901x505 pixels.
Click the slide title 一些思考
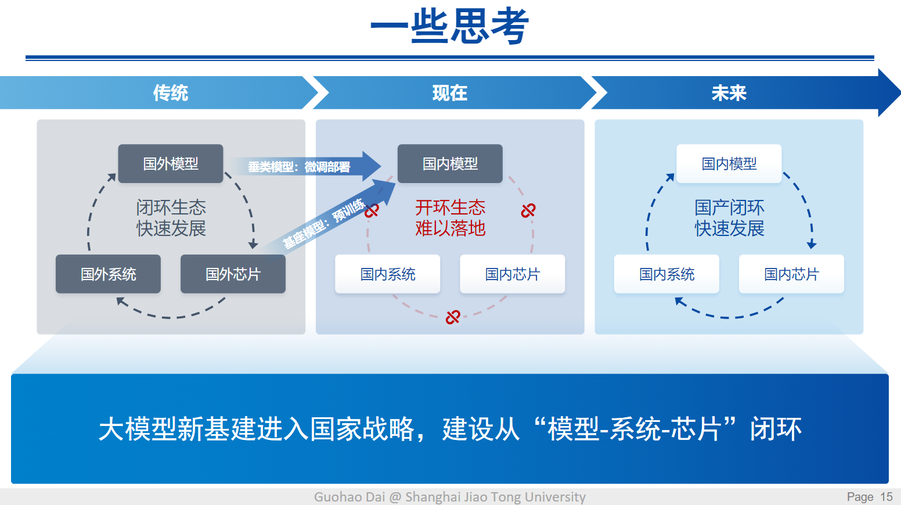coord(450,27)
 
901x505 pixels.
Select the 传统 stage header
coord(171,93)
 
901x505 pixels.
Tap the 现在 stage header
coord(450,93)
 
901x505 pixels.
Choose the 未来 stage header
coord(729,93)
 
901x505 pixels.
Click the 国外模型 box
coord(171,164)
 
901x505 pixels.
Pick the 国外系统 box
coord(108,274)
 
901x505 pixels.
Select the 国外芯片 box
coord(233,274)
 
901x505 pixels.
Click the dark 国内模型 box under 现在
coord(450,164)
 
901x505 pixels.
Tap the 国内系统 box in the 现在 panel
coord(388,274)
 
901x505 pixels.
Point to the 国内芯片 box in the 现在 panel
coord(513,274)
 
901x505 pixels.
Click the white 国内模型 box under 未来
coord(729,164)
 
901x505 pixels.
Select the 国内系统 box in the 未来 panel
coord(666,274)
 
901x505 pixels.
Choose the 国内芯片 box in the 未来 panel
coord(791,274)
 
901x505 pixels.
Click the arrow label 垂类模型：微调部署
coord(299,167)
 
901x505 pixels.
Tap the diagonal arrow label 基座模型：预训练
coord(323,224)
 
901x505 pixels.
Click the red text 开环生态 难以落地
coord(450,218)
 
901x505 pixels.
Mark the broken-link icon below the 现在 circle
coord(453,317)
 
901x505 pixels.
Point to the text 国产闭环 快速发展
coord(729,218)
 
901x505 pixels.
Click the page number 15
coord(886,497)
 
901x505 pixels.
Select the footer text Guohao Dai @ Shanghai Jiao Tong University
coord(450,497)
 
